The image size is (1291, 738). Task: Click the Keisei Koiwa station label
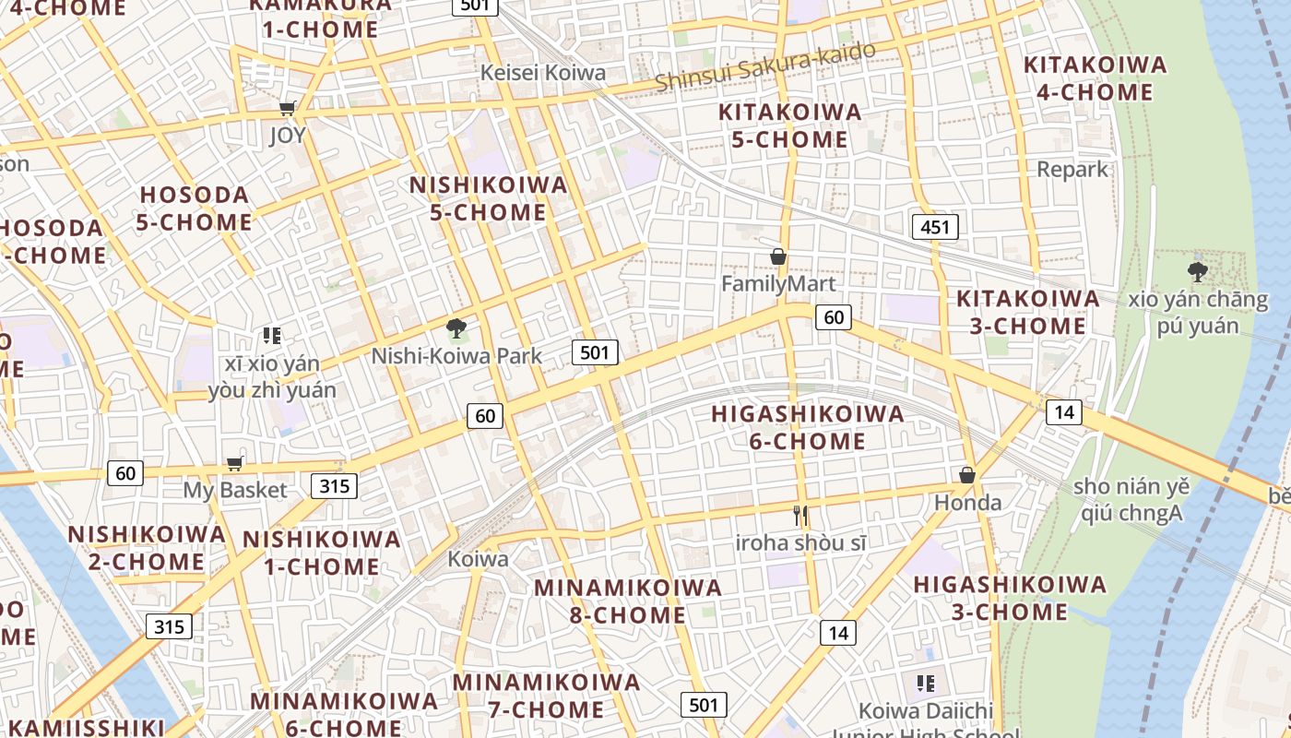(543, 73)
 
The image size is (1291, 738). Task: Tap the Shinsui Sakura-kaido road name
(764, 67)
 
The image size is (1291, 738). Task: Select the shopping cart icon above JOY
(288, 109)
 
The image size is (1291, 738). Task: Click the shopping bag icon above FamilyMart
(778, 256)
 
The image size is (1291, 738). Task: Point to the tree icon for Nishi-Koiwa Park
(456, 327)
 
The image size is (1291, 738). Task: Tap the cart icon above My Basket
(235, 463)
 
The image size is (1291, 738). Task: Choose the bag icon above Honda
(967, 475)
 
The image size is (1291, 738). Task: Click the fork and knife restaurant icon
(800, 516)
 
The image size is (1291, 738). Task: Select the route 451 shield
(935, 227)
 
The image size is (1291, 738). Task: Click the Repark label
(1072, 170)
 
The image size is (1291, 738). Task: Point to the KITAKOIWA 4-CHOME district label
(1095, 78)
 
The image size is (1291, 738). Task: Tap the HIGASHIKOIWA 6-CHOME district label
(808, 428)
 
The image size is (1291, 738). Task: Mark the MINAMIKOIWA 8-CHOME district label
(627, 601)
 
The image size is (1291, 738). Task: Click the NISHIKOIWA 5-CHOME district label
(488, 198)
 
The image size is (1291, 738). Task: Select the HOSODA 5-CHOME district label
(194, 208)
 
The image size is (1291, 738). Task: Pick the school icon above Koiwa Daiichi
(926, 684)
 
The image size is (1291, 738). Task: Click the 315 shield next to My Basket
(334, 485)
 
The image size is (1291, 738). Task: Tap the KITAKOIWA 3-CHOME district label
(1027, 312)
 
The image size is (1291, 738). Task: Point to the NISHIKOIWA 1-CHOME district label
(321, 553)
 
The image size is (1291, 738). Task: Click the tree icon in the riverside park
(1198, 270)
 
